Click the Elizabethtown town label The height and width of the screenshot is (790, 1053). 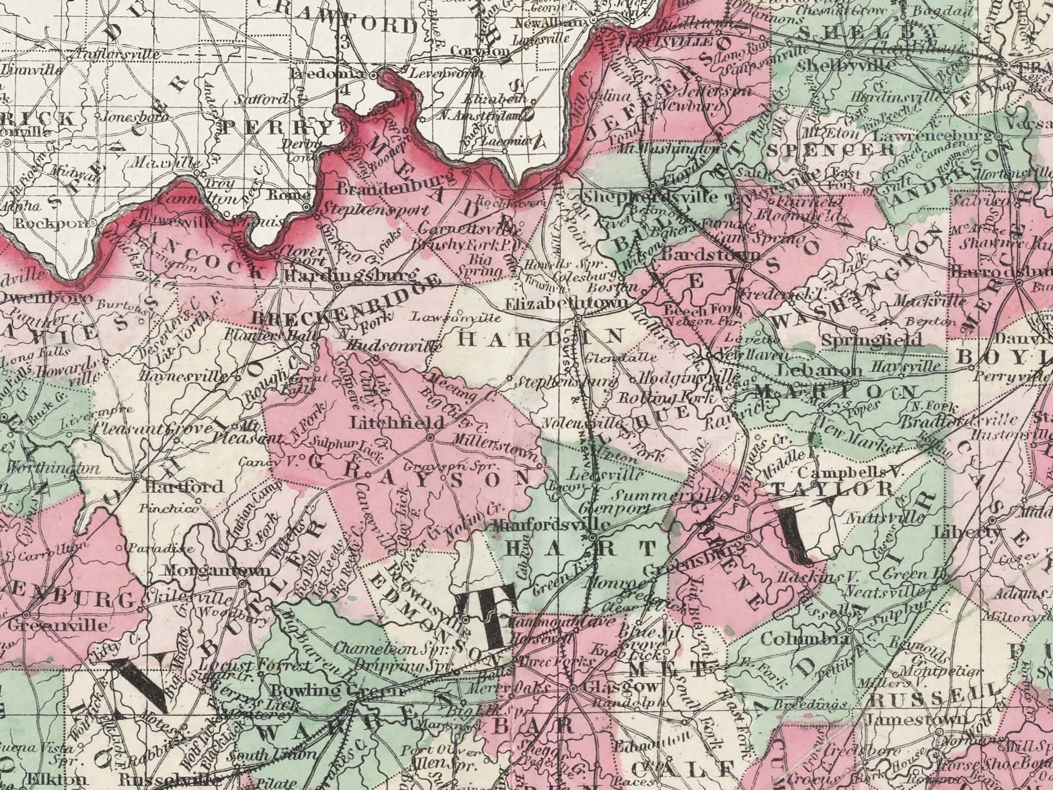coord(566,304)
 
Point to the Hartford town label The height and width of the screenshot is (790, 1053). coord(184,486)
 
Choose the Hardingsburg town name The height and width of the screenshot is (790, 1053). coord(350,275)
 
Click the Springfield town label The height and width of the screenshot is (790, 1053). coord(871,340)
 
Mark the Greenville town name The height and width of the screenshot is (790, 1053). coord(58,626)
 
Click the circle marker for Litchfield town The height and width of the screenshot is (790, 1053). coord(430,437)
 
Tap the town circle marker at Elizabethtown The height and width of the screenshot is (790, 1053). coord(578,318)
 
